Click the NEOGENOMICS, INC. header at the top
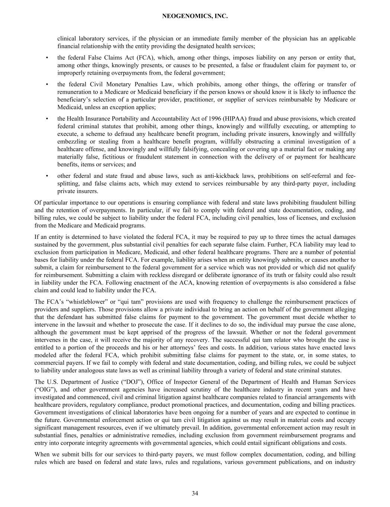point(195,16)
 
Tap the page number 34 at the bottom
point(195,493)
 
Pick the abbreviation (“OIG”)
point(45,390)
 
